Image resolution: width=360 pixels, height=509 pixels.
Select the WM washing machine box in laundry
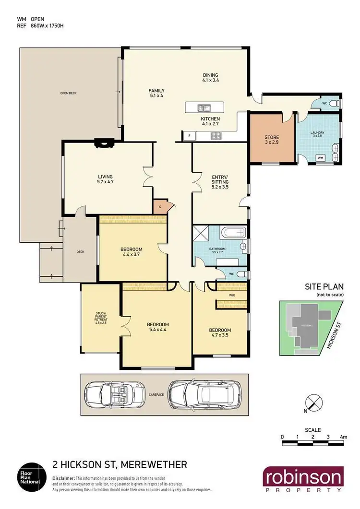321,158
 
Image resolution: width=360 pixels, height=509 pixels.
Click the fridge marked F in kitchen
189,136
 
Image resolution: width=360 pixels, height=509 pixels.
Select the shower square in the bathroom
199,234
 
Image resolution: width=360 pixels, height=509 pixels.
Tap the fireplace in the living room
103,142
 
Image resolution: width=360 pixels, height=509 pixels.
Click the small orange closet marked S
159,206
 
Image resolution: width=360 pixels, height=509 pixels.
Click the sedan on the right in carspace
201,394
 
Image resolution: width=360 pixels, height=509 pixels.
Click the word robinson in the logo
303,477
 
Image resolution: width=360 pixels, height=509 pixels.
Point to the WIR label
231,296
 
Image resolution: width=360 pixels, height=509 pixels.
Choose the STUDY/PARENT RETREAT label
101,320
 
